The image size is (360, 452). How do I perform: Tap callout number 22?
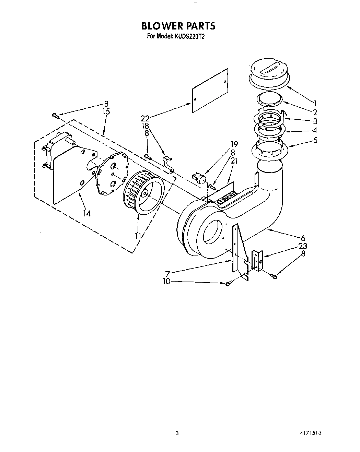pyautogui.click(x=145, y=118)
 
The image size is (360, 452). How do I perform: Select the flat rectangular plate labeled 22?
pyautogui.click(x=210, y=90)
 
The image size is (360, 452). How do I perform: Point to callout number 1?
pyautogui.click(x=314, y=103)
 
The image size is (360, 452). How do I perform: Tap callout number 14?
pyautogui.click(x=87, y=213)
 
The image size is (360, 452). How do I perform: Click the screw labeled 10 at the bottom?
pyautogui.click(x=228, y=284)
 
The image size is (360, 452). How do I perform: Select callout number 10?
pyautogui.click(x=166, y=282)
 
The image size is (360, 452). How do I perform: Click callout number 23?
pyautogui.click(x=303, y=246)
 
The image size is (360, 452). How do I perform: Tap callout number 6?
pyautogui.click(x=303, y=238)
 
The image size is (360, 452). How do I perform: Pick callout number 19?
pyautogui.click(x=234, y=144)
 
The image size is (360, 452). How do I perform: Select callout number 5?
pyautogui.click(x=315, y=140)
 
